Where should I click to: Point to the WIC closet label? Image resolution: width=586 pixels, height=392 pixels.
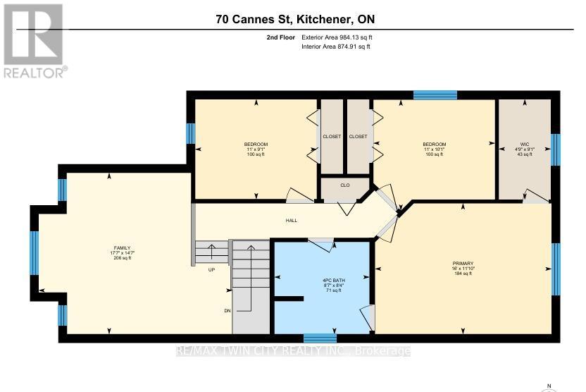(x=525, y=144)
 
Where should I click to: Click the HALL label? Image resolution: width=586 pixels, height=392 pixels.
(x=291, y=221)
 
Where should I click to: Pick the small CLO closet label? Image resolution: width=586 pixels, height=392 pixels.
(x=345, y=186)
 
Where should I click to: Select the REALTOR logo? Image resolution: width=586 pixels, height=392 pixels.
(x=34, y=40)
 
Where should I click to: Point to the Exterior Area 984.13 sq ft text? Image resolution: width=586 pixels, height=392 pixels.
(x=336, y=37)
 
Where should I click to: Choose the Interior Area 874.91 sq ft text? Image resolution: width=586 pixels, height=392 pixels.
(x=336, y=47)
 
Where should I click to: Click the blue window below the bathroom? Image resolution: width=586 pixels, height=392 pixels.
(x=320, y=338)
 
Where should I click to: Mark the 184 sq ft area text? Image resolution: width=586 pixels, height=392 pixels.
(x=463, y=274)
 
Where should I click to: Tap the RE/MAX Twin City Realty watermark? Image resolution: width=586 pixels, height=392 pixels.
(x=293, y=350)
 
